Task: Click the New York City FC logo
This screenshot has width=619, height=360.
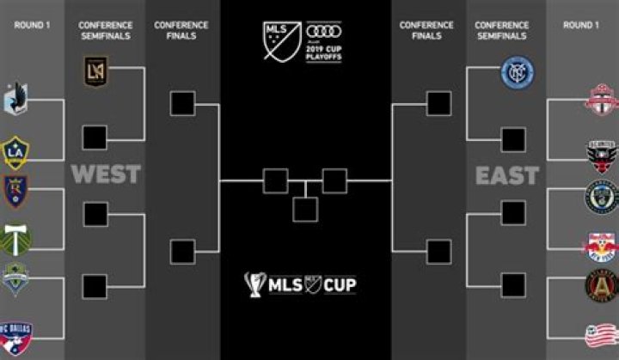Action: click(x=514, y=75)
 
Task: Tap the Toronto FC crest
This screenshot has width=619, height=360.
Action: click(x=602, y=100)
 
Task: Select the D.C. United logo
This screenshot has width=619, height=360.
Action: click(x=602, y=155)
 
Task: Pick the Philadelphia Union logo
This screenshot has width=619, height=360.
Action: click(x=602, y=195)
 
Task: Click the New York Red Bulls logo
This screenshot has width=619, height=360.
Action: click(x=602, y=244)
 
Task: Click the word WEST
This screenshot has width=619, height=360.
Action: click(x=106, y=174)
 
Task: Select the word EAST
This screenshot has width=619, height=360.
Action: click(x=507, y=175)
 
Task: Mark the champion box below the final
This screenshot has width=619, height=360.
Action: click(x=304, y=210)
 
